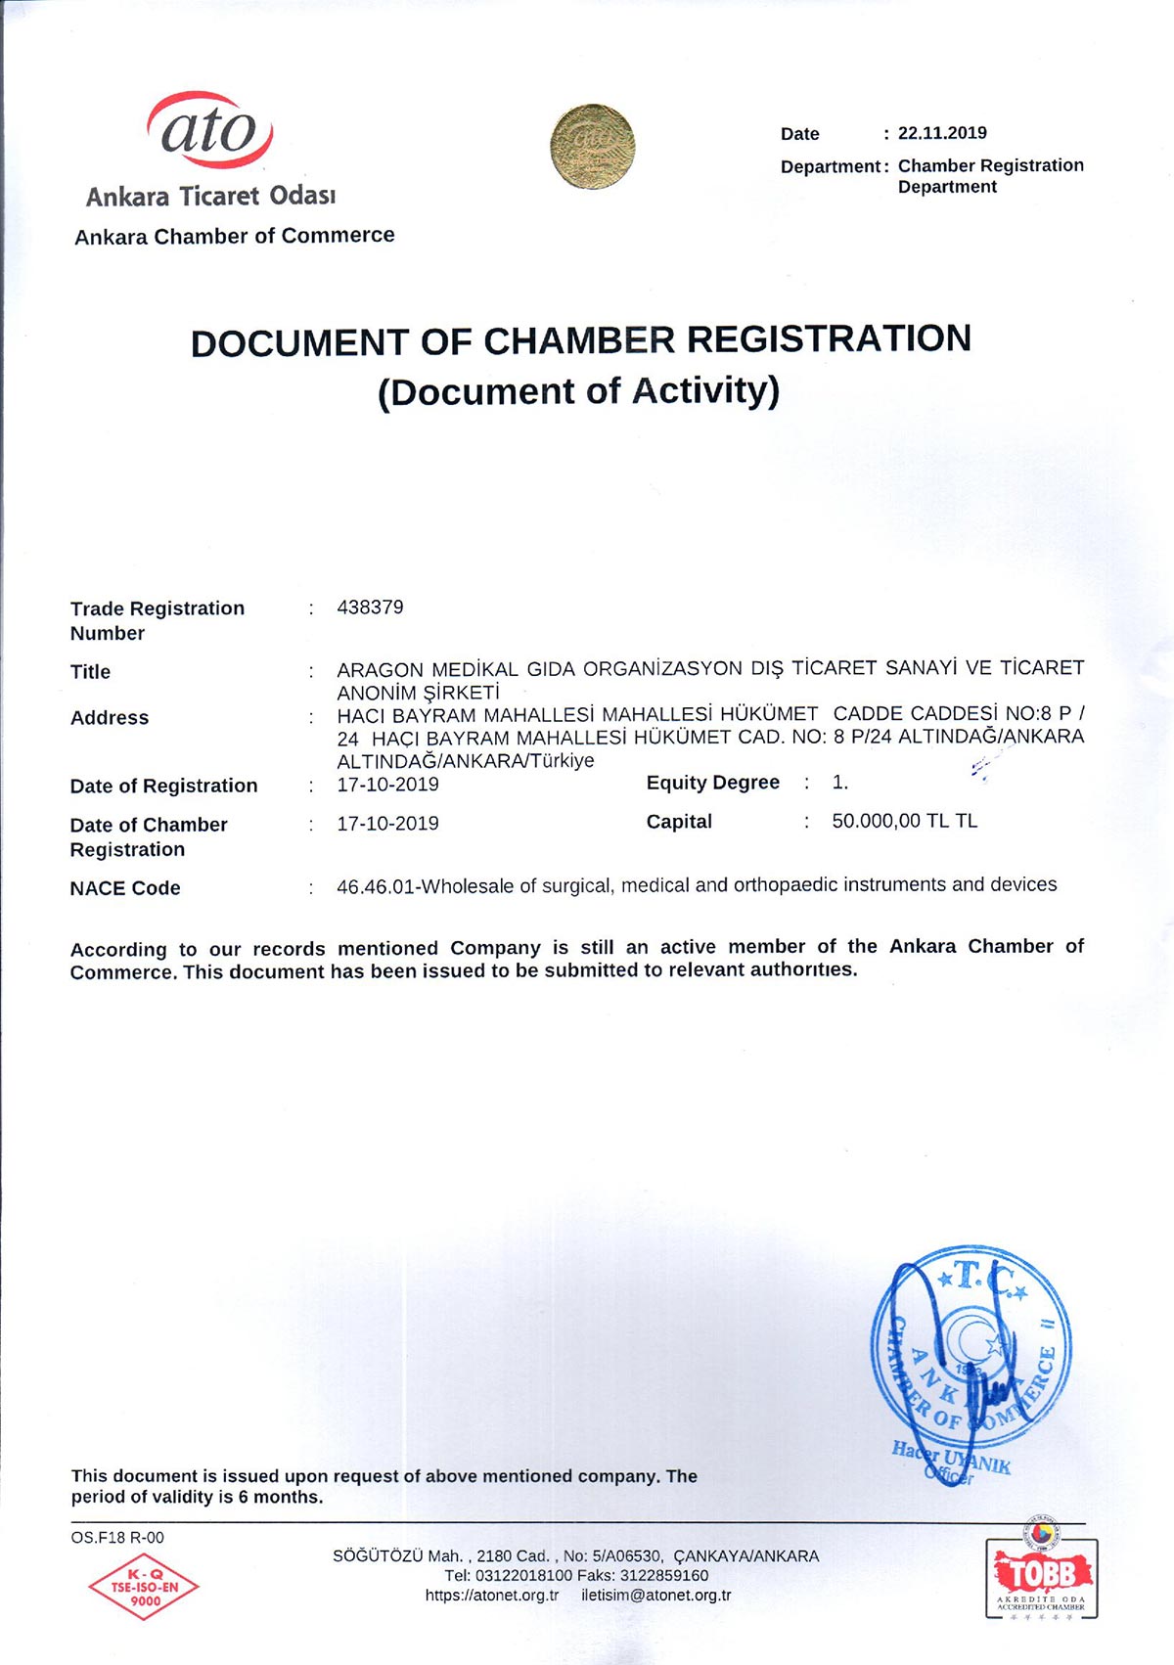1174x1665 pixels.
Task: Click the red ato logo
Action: tap(209, 130)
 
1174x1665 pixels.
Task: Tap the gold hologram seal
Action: tap(592, 147)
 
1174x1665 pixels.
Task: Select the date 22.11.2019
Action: tap(942, 133)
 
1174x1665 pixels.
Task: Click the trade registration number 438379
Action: tap(370, 607)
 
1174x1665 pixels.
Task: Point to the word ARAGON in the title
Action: tap(380, 670)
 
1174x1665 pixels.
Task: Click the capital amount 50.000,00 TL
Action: tap(890, 821)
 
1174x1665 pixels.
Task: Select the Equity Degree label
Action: tap(712, 783)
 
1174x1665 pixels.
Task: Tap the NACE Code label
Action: tap(125, 888)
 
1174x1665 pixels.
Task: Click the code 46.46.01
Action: tap(376, 886)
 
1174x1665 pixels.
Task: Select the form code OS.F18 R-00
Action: tap(117, 1537)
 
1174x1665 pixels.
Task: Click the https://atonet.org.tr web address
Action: tap(492, 1595)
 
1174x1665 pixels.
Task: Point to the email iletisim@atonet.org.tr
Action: tap(655, 1595)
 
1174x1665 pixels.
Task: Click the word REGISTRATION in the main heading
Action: tap(829, 338)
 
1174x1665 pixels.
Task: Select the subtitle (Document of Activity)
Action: tap(579, 391)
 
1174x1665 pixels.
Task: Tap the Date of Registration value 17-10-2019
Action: tap(387, 785)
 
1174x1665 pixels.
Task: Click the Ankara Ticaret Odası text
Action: tap(210, 197)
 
